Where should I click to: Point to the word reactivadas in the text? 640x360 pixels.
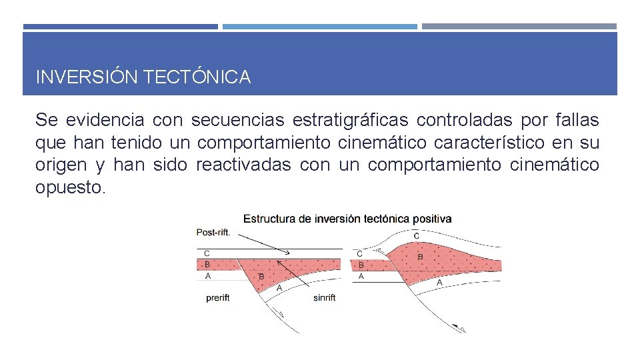[x=244, y=165]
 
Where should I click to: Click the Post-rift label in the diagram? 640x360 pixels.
[x=213, y=233]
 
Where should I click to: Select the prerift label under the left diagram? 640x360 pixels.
[x=218, y=298]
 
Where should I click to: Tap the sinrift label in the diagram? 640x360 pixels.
[x=324, y=298]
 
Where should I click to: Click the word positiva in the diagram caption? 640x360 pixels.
[x=432, y=219]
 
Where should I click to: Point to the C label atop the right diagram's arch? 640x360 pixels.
[x=417, y=236]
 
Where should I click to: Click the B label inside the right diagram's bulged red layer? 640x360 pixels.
[x=420, y=257]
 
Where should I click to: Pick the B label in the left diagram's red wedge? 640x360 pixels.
[x=261, y=276]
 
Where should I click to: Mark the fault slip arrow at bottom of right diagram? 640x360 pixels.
[x=457, y=327]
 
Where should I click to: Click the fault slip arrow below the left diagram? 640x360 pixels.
[x=280, y=313]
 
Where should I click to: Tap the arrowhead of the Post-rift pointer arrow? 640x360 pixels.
[x=287, y=253]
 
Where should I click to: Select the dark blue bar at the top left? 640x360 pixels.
[x=120, y=27]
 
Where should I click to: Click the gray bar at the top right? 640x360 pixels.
[x=519, y=27]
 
